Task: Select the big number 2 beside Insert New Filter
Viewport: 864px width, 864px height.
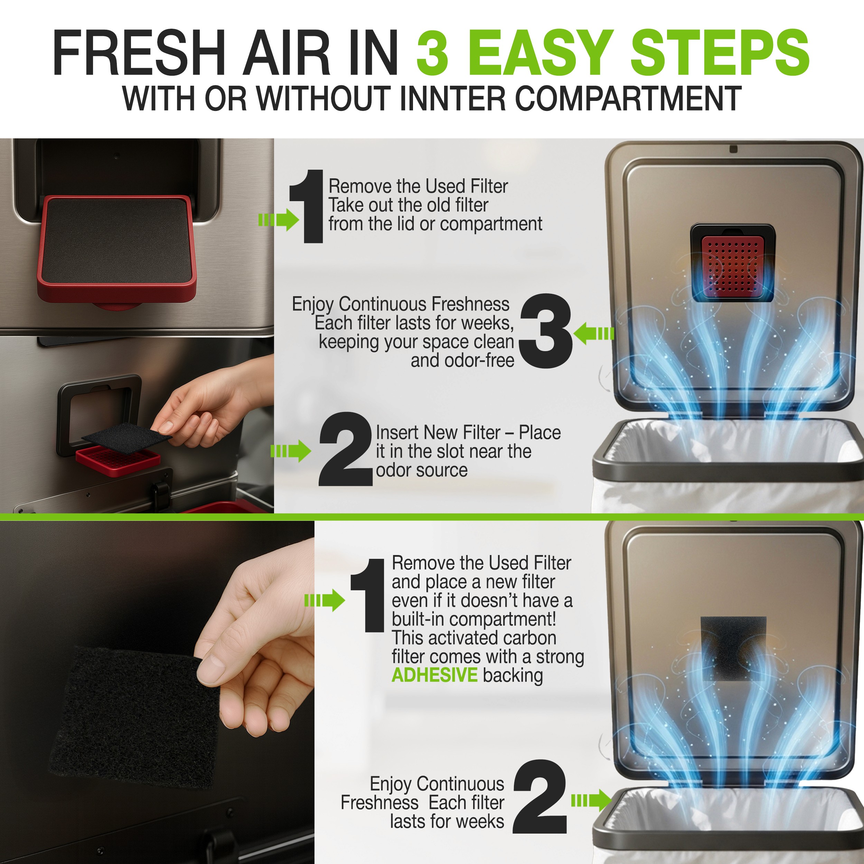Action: point(345,449)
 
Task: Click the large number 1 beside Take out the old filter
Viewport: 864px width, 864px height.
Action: point(307,206)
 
